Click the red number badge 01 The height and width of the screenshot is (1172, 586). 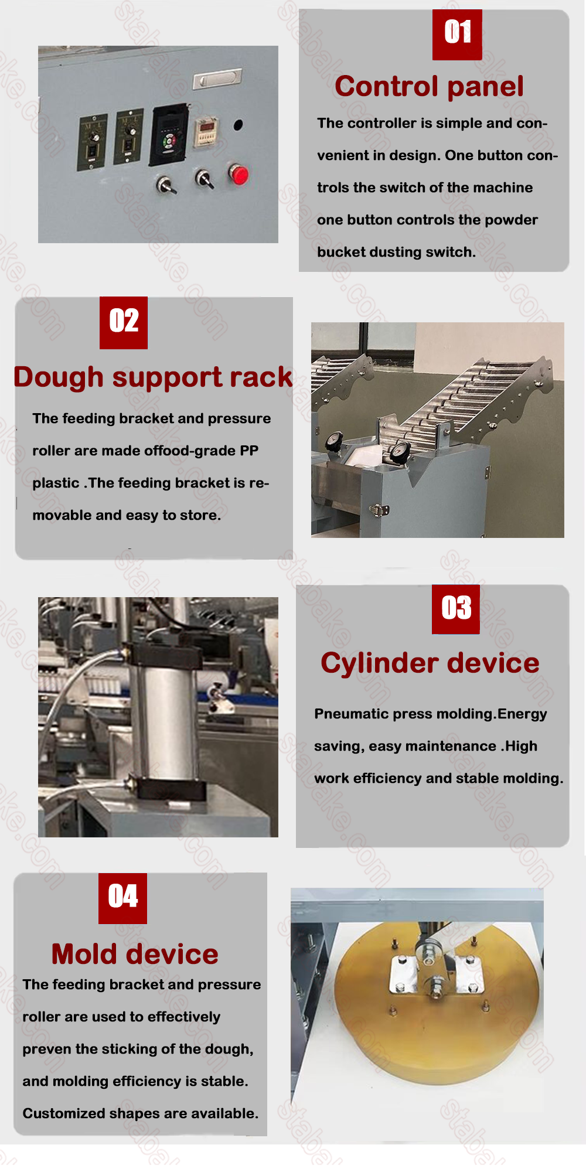pos(457,35)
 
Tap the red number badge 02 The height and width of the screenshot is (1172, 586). pos(124,323)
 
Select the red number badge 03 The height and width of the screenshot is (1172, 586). pos(456,609)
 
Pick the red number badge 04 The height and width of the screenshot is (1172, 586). pos(123,898)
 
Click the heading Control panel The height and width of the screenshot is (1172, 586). pos(429,87)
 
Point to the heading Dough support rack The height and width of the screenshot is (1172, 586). pos(153,377)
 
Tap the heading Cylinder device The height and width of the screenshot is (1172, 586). pos(430,663)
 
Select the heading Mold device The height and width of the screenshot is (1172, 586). pos(135,954)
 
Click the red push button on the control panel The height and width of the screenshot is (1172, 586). pos(239,175)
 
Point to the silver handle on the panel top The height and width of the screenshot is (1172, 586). pos(217,79)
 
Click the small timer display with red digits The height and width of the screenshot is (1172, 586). pos(206,130)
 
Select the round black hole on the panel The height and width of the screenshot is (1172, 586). pos(238,125)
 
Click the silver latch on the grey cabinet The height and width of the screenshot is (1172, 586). pos(379,510)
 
